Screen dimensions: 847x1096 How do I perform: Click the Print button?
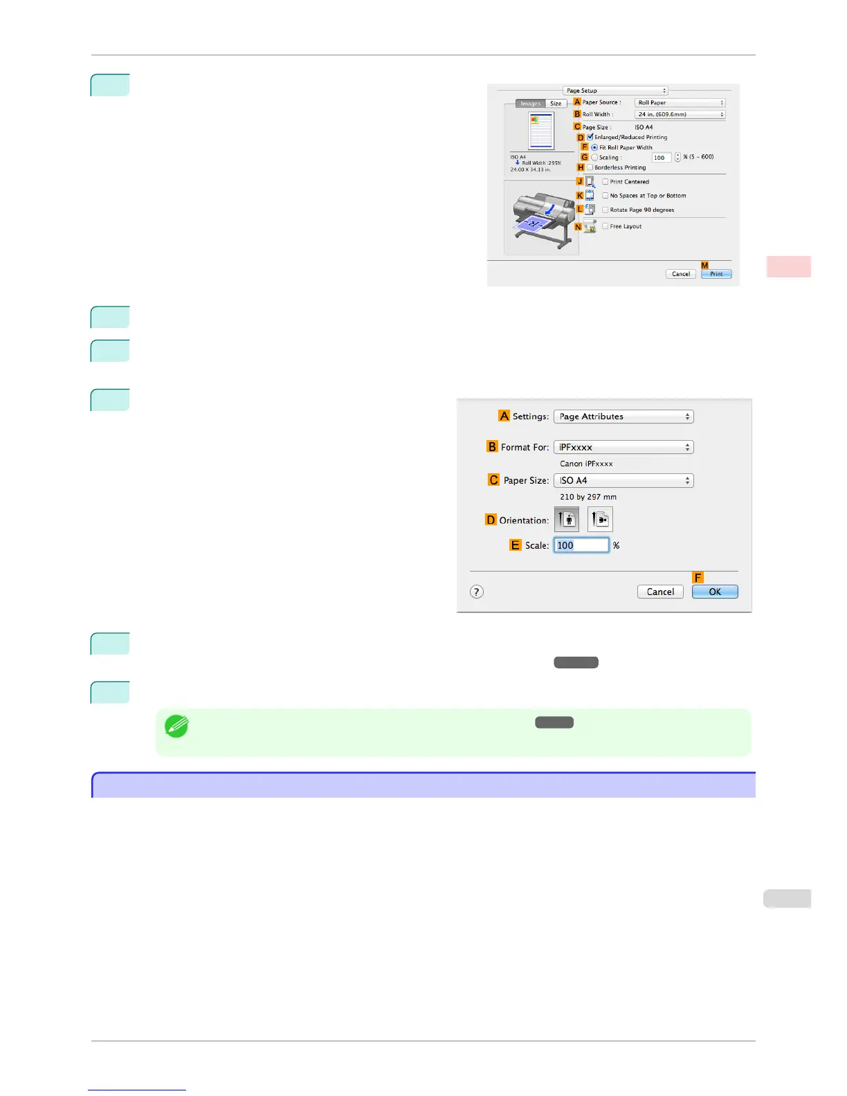point(716,274)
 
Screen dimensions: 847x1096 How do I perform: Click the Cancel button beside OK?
point(660,592)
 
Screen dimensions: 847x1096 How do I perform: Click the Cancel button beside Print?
point(681,274)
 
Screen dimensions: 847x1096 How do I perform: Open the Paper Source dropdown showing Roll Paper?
point(680,102)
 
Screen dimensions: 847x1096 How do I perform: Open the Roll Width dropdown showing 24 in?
point(680,115)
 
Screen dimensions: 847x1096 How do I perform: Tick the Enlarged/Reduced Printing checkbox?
point(590,137)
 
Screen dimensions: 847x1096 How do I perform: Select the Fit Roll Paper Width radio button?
point(594,147)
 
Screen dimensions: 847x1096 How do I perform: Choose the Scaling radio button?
point(594,158)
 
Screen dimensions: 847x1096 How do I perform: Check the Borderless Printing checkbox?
point(590,167)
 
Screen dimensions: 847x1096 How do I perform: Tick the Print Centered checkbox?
point(605,182)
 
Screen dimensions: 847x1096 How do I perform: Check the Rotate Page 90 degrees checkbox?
point(605,210)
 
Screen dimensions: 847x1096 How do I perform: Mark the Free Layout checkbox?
point(605,226)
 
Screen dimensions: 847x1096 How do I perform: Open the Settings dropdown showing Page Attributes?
point(623,417)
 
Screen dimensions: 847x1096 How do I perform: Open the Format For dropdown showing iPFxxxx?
point(623,447)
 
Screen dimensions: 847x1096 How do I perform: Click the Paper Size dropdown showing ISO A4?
point(623,480)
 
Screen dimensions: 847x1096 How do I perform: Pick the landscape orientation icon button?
point(600,520)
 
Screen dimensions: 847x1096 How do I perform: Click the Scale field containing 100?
point(581,545)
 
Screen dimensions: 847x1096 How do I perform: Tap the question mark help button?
point(477,592)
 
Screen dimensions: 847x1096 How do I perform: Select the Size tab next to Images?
point(556,104)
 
